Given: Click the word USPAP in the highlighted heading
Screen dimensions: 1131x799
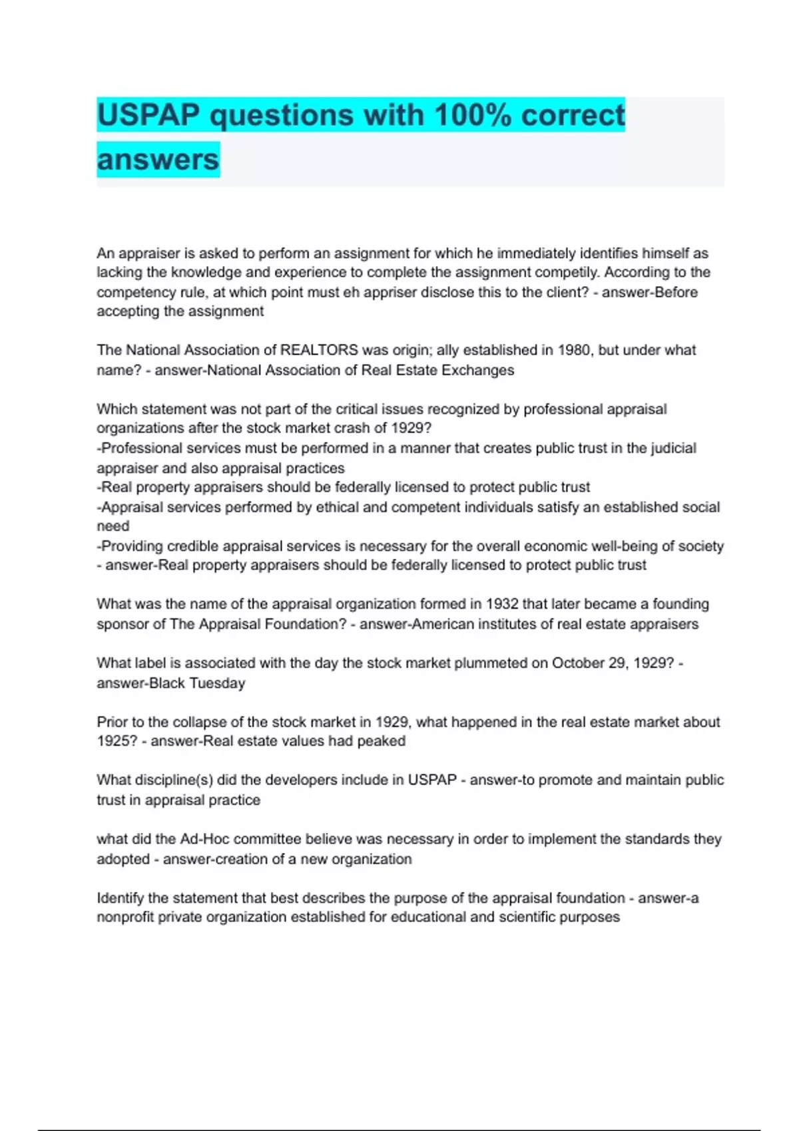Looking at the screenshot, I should click(x=148, y=115).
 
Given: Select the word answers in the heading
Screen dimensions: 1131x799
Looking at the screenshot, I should click(x=158, y=160).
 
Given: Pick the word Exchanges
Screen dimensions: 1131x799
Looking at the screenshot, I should click(x=479, y=370).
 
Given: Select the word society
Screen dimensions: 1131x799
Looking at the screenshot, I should click(x=700, y=546).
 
